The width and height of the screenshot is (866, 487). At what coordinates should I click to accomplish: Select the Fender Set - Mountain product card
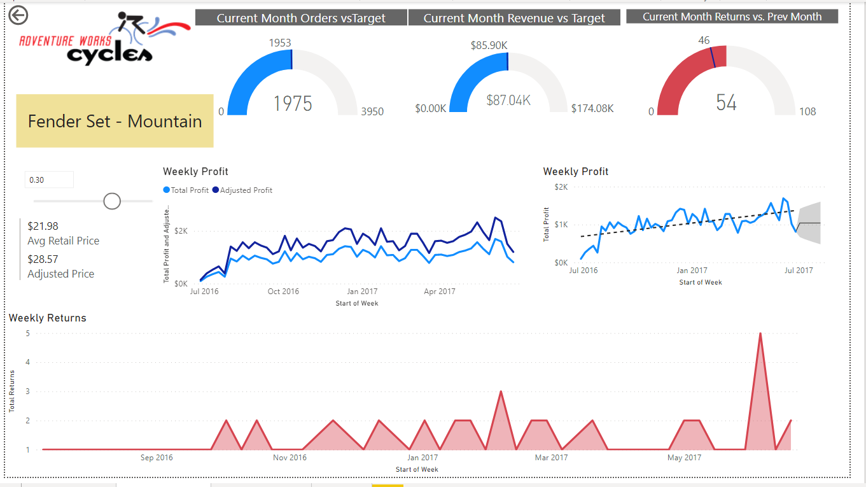point(115,121)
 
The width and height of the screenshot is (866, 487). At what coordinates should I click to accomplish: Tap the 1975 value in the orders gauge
point(293,103)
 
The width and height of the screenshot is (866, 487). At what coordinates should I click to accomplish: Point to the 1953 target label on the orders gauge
point(280,43)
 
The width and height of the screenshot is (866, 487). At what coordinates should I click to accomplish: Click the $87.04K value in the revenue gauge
point(508,100)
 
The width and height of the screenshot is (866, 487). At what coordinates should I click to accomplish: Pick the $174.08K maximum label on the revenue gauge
point(592,109)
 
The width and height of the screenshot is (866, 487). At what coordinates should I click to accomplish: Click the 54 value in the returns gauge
point(726,102)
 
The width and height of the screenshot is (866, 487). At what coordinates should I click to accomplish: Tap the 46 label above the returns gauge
point(704,41)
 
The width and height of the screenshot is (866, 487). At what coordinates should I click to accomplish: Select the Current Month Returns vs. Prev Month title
point(732,17)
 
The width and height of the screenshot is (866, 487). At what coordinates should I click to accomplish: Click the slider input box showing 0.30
point(49,180)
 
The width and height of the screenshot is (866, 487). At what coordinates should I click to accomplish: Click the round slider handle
point(112,201)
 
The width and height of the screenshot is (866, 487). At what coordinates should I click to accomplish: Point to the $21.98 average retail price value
point(43,226)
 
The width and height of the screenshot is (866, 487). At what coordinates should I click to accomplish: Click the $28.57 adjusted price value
point(43,259)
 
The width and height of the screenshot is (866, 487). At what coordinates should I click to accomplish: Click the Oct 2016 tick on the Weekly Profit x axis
point(283,292)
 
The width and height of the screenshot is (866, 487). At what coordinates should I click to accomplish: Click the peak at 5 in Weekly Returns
point(760,334)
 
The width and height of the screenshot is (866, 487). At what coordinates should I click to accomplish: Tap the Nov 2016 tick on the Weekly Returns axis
point(290,458)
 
